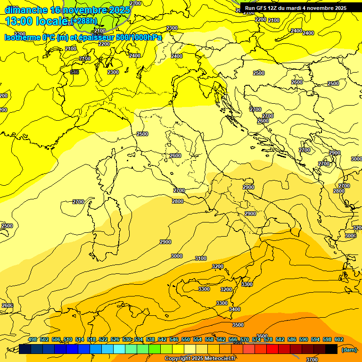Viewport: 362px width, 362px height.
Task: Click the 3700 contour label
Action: (x=312, y=360)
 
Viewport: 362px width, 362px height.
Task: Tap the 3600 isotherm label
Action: (x=262, y=336)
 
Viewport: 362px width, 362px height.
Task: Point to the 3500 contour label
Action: (x=238, y=325)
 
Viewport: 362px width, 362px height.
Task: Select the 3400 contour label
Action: (x=234, y=309)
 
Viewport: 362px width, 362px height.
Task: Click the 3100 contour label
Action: (x=201, y=258)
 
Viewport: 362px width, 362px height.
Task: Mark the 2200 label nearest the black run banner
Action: (x=260, y=19)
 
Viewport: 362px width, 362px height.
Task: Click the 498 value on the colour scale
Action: (x=33, y=339)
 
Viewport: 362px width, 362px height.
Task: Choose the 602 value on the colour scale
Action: (x=339, y=339)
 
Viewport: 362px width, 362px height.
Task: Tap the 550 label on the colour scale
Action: (x=186, y=339)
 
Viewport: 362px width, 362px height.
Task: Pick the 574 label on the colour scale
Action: (x=256, y=339)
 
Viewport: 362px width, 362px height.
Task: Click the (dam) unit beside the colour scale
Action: (x=349, y=349)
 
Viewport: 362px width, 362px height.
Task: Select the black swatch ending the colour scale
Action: (x=331, y=349)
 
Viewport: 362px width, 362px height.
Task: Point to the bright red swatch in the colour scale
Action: (x=272, y=349)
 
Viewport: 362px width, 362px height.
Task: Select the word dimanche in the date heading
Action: (x=26, y=10)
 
